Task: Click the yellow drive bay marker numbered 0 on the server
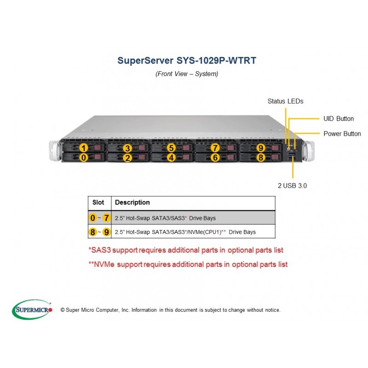(x=84, y=157)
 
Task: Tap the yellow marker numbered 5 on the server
(x=171, y=148)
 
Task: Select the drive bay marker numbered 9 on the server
(x=260, y=148)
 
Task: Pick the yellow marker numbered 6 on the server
(x=215, y=157)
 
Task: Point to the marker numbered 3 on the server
(x=127, y=148)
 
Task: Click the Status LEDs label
(x=285, y=101)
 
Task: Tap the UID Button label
(x=339, y=119)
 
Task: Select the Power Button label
(x=342, y=133)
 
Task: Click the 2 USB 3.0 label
(x=292, y=186)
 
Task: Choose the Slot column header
(x=98, y=202)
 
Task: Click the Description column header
(x=132, y=202)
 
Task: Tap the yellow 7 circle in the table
(x=106, y=218)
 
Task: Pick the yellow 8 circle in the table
(x=93, y=232)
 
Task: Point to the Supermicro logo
(x=32, y=310)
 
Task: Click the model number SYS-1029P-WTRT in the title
(x=216, y=61)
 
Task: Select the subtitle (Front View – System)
(x=187, y=74)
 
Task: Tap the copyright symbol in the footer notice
(x=63, y=310)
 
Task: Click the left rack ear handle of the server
(x=55, y=151)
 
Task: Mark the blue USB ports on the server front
(x=292, y=157)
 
